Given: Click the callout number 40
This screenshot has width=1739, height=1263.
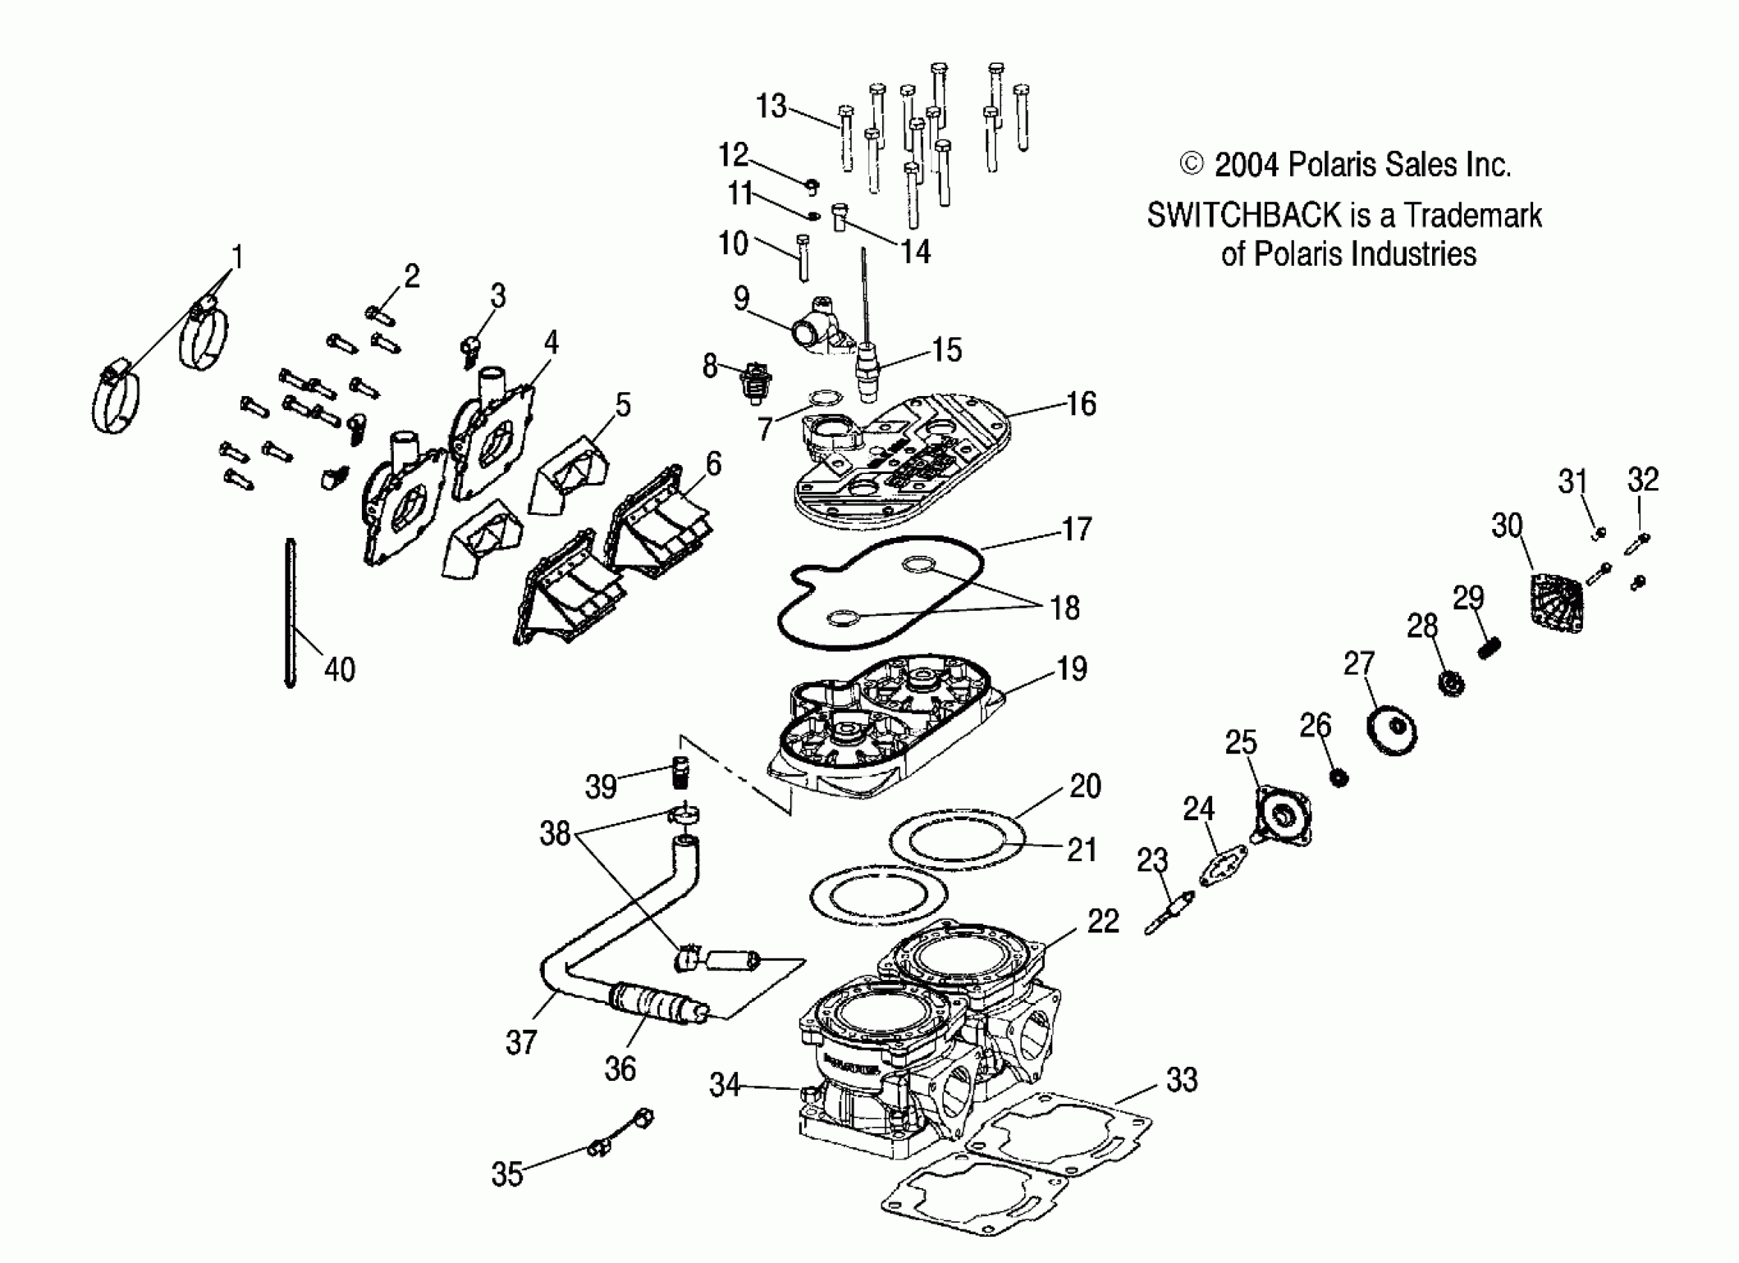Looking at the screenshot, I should [340, 670].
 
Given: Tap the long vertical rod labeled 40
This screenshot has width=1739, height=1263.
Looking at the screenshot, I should [291, 613].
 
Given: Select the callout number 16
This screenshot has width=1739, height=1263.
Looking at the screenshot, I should [1081, 404].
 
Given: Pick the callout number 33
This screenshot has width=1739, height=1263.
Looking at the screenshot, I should [1182, 1079].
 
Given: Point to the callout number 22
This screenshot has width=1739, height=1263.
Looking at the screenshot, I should [1104, 921].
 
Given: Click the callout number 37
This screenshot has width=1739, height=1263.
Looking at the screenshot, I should [522, 1042].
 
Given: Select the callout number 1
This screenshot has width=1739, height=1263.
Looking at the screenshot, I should [238, 258].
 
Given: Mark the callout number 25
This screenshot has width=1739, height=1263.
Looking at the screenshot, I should [1240, 742].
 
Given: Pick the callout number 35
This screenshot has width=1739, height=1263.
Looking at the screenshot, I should [507, 1173].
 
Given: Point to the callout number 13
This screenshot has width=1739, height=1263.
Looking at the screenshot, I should [771, 106].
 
